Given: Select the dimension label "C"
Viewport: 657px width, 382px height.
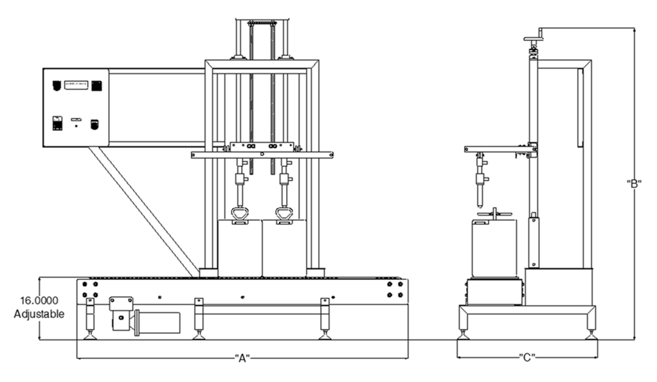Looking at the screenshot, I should tap(527, 356).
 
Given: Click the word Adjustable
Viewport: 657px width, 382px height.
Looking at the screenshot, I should tap(39, 314).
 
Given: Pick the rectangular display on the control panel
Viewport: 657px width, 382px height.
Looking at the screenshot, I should tap(76, 84).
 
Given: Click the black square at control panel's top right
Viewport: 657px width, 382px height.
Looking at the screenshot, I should tap(96, 85).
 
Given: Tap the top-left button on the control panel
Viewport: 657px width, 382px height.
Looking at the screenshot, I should tap(57, 85).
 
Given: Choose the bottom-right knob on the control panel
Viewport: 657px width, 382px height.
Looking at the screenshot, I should tap(94, 124).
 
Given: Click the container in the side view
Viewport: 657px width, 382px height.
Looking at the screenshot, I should tap(494, 248).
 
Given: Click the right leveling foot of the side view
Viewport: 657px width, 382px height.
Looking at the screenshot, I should tap(589, 333).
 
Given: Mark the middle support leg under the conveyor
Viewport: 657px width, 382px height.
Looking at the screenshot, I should tap(199, 318).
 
